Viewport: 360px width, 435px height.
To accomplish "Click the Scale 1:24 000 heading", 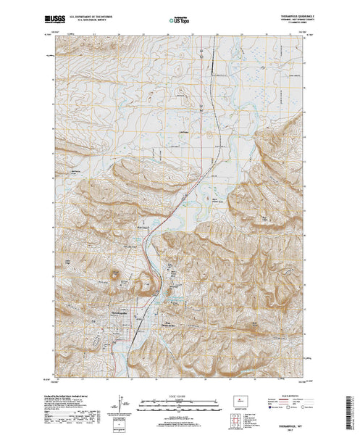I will (177, 396).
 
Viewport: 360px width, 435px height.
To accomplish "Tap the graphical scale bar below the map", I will (177, 402).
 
